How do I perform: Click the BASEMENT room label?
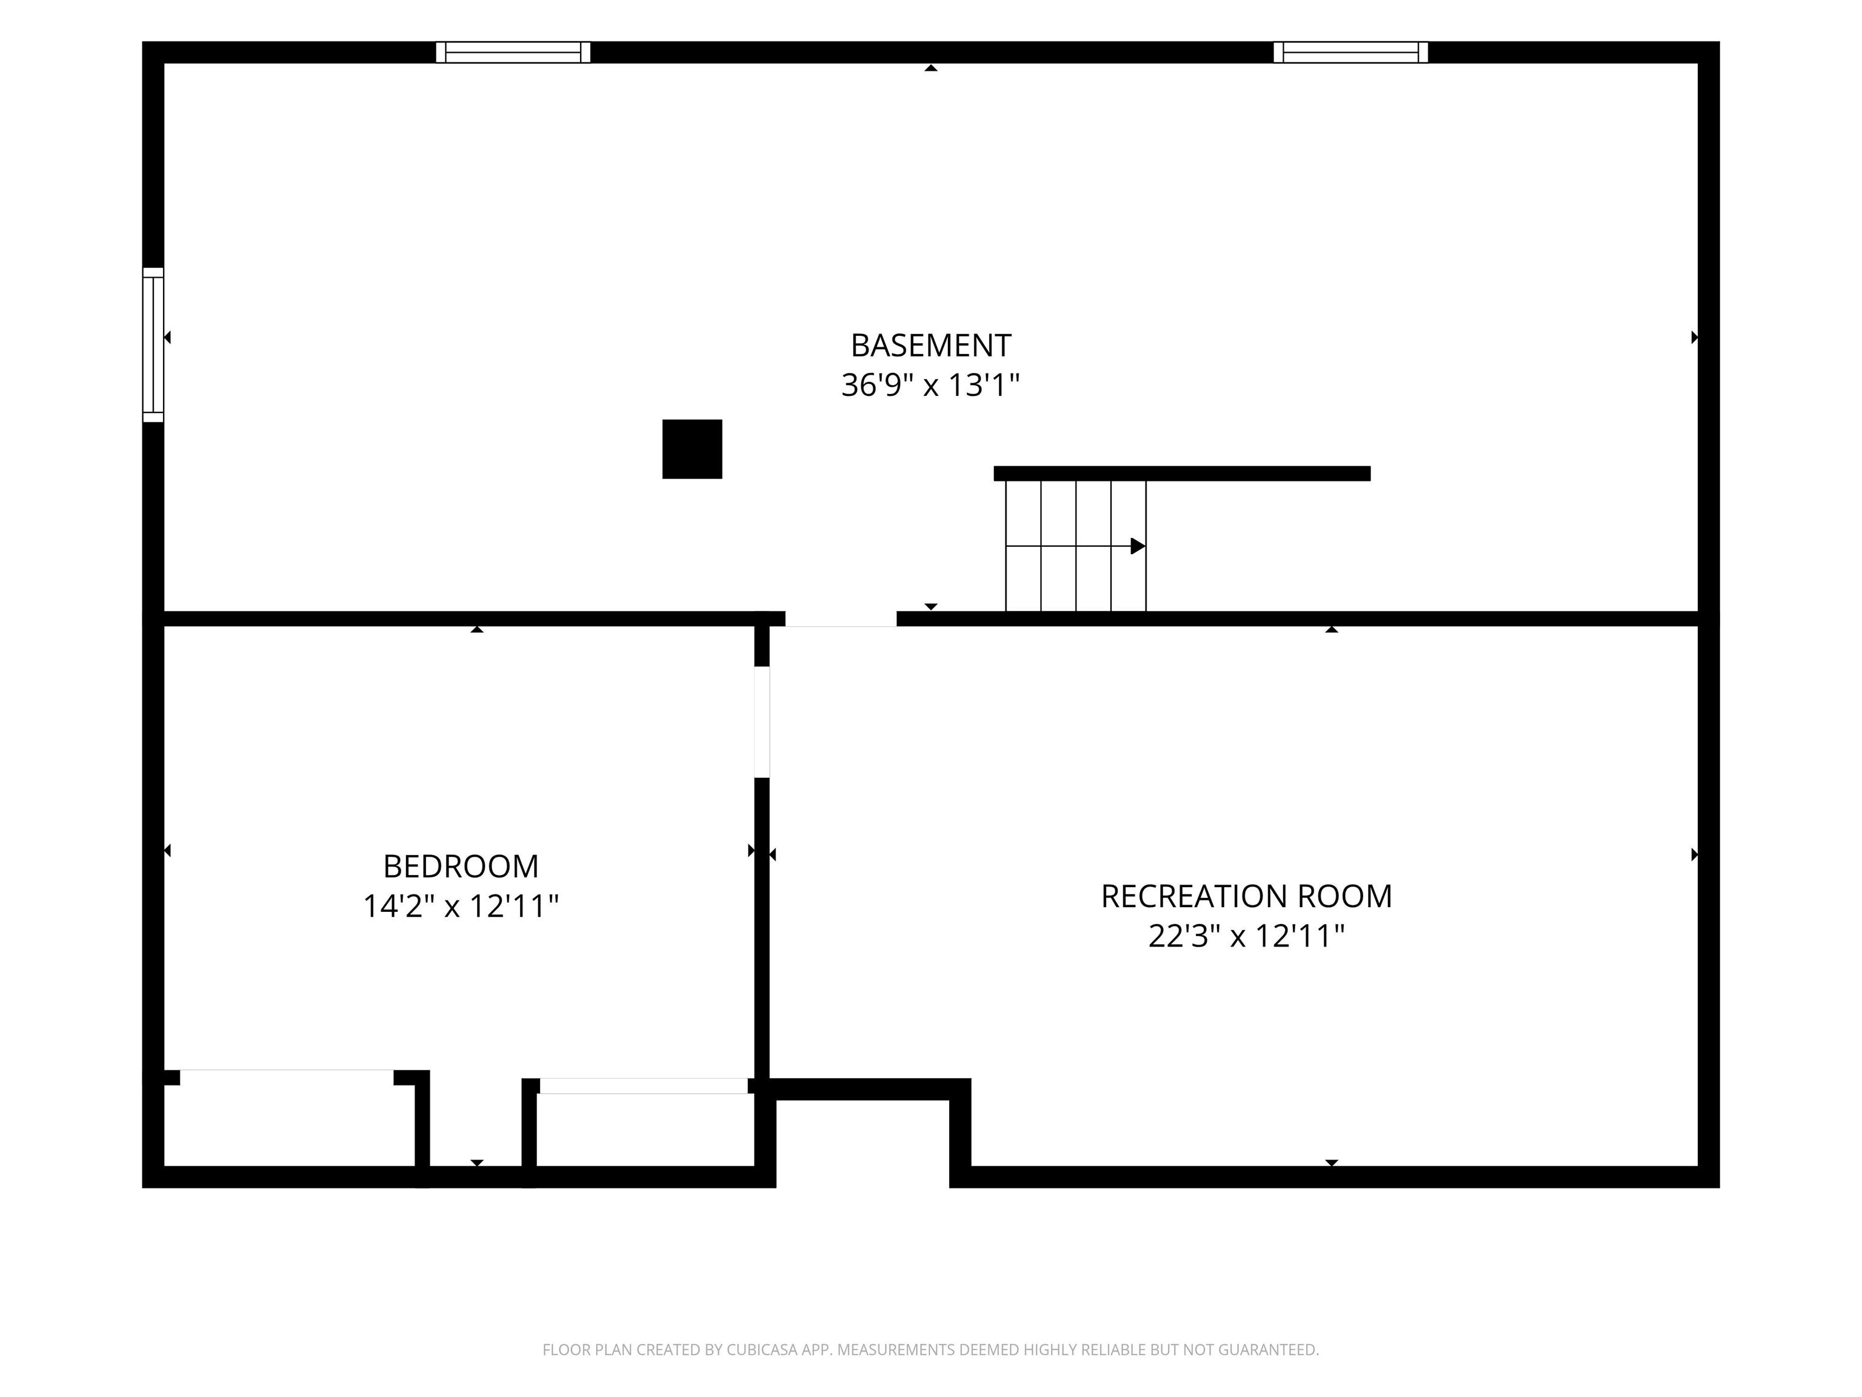coord(930,345)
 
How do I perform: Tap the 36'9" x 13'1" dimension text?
coord(930,386)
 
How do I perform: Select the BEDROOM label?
coord(461,866)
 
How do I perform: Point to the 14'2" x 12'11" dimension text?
coord(461,906)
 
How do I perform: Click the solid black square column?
coord(692,449)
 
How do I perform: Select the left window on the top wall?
coord(513,52)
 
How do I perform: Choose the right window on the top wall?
coord(1350,52)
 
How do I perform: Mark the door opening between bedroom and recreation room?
coord(762,722)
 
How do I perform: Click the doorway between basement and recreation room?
coord(841,619)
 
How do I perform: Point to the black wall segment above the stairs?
coord(1182,473)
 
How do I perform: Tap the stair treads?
coord(1076,546)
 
